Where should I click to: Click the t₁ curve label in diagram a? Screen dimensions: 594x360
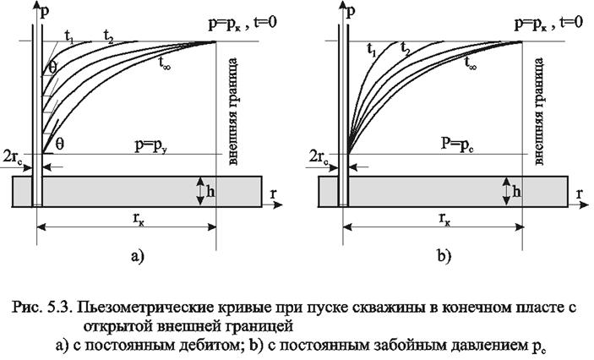(70, 35)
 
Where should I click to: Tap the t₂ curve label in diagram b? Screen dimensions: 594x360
(405, 49)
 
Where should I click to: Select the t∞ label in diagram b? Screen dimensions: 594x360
(470, 63)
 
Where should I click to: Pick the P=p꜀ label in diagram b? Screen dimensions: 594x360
(458, 145)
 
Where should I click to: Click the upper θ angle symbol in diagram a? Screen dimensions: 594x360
(52, 68)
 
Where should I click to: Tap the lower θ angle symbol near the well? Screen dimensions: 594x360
(59, 144)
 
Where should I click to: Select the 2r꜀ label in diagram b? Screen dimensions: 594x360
(319, 156)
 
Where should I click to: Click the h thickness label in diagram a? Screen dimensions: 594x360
(210, 192)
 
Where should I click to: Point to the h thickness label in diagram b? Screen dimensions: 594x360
(516, 192)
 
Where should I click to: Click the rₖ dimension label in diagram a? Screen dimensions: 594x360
(138, 218)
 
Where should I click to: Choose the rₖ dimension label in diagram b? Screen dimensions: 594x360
(444, 218)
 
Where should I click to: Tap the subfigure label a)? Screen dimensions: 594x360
(138, 257)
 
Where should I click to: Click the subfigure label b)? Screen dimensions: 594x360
(444, 257)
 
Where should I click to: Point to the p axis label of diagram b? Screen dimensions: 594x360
(351, 12)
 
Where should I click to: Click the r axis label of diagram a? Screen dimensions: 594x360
(273, 194)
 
